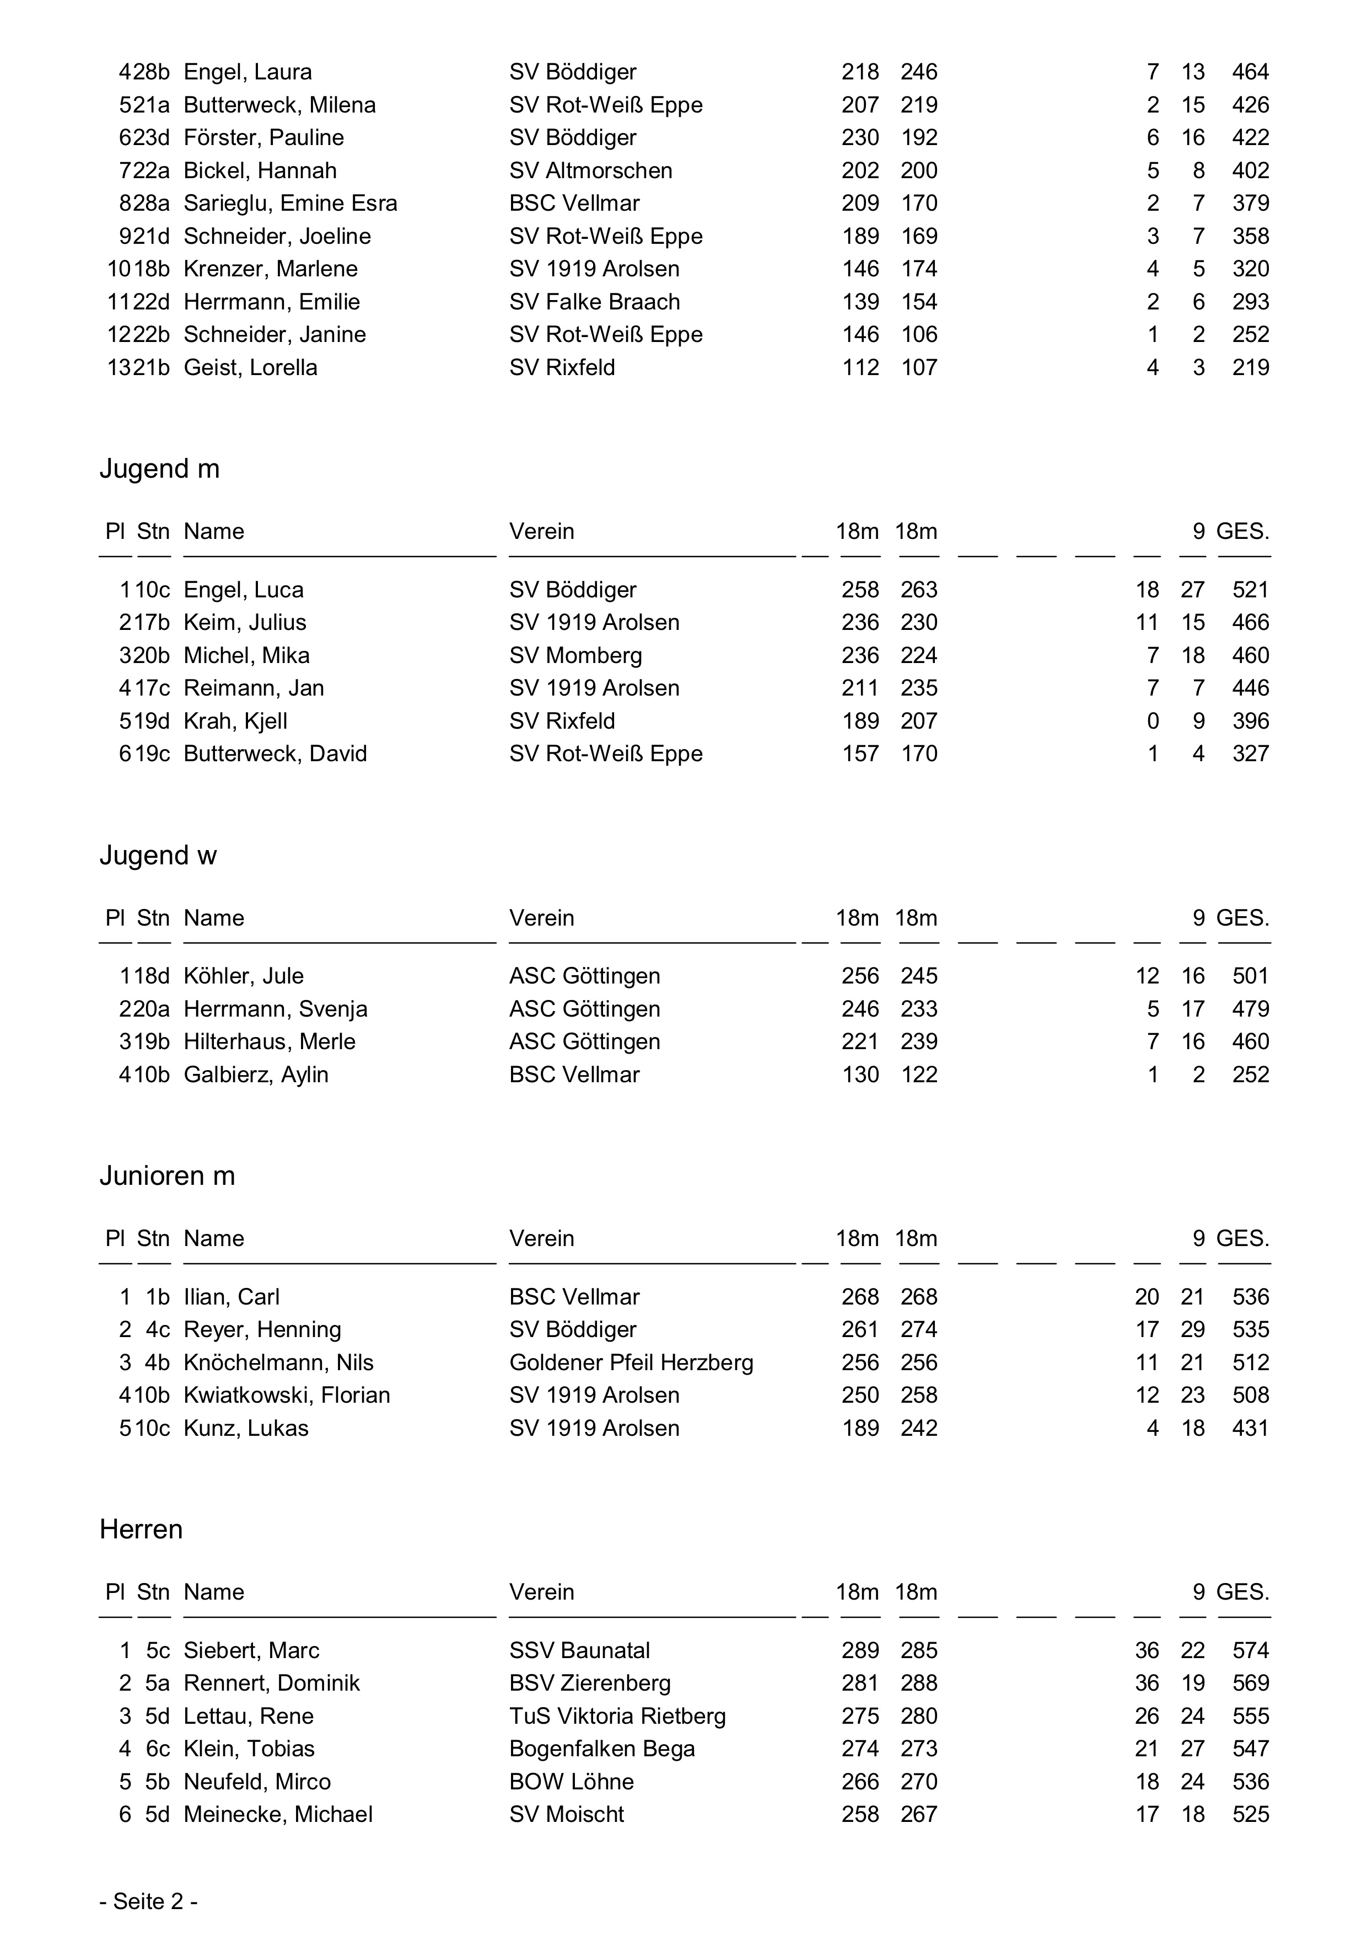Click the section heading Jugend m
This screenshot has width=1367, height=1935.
click(159, 468)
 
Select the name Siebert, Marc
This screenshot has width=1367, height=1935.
click(251, 1650)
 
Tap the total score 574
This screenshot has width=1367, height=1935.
click(1250, 1650)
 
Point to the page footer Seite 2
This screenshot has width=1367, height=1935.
click(148, 1901)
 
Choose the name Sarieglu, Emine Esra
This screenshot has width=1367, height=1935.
click(290, 203)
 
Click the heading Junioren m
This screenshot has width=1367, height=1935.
click(167, 1175)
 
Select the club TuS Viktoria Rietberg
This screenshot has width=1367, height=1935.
click(617, 1716)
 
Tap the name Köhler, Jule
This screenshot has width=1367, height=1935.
click(244, 976)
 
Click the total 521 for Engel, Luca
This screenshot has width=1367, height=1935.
click(1250, 590)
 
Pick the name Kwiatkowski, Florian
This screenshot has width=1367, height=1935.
click(287, 1395)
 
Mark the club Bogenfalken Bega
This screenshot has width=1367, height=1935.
click(601, 1749)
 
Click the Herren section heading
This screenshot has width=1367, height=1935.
click(141, 1530)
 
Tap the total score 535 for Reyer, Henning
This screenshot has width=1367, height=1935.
click(1250, 1330)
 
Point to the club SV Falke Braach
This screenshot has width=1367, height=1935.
click(594, 302)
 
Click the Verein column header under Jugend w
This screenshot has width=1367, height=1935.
click(542, 918)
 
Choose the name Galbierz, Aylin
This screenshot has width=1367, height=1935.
click(256, 1075)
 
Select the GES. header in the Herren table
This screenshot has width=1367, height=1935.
click(1242, 1592)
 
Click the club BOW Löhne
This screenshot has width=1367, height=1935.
click(571, 1782)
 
